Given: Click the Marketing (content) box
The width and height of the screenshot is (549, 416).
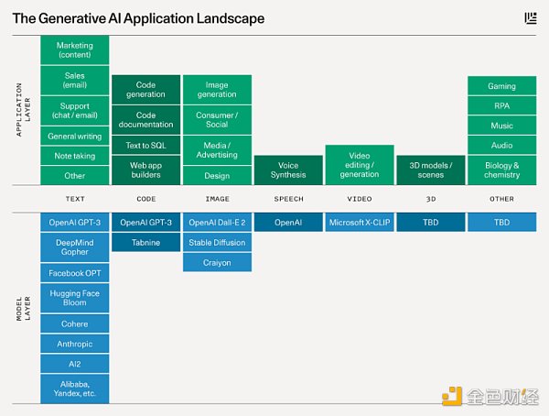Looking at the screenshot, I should point(74,50).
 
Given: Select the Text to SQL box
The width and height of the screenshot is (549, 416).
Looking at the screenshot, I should point(145,145).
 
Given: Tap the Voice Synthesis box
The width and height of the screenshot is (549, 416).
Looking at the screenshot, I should point(288,170).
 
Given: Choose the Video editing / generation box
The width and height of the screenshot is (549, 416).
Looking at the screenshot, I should point(359,165).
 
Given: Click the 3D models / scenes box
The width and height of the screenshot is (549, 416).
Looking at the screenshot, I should point(430,170).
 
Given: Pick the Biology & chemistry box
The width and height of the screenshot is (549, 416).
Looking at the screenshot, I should point(501,170).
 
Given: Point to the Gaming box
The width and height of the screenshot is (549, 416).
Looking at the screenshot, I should point(501,86).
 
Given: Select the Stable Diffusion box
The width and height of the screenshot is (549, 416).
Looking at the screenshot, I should point(217,243).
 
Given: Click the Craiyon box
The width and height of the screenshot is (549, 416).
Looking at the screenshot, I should point(217,263).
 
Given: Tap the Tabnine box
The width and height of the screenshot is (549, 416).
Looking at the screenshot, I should point(145,243).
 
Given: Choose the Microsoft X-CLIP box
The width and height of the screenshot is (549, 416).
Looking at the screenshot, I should point(359,223).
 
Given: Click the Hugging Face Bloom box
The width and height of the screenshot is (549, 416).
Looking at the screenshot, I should point(74,299).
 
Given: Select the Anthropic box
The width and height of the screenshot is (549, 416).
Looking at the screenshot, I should point(74,345).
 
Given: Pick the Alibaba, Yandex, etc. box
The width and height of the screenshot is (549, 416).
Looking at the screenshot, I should point(74,389).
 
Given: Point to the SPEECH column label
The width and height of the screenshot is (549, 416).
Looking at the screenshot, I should point(288,199).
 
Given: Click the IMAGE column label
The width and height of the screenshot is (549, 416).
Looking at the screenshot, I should point(217,199).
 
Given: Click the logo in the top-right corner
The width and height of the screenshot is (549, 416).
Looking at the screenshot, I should point(531,17).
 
